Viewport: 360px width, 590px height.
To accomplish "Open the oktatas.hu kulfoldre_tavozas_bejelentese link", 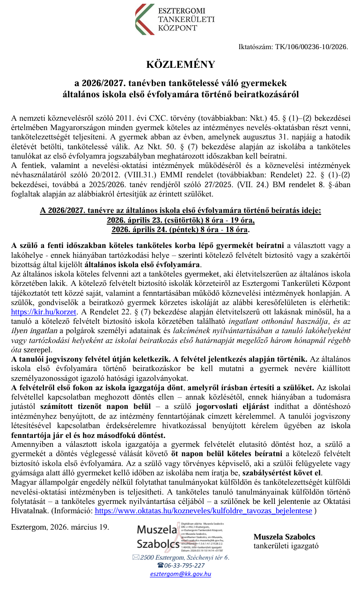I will point(203,511).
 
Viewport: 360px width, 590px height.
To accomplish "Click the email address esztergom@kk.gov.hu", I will point(180,574).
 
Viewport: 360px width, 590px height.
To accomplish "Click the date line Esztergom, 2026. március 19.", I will point(60,526).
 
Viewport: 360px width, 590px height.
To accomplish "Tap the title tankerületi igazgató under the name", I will point(286,546).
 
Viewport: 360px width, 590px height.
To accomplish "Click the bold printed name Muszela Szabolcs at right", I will point(284,537).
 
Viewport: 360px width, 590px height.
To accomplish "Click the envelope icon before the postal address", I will point(136,557).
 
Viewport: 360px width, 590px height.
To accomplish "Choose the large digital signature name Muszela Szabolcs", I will point(158,537).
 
